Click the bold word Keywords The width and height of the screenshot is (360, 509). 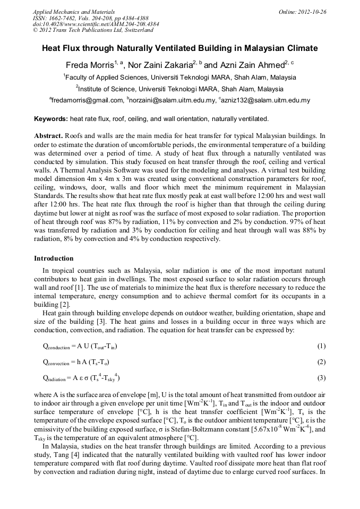pos(50,118)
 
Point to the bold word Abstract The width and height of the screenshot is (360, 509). pos(49,135)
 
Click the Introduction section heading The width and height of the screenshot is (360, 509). pos(54,258)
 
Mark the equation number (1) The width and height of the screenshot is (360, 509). pos(321,347)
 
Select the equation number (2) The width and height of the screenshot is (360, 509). pos(321,363)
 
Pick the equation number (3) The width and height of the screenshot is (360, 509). pos(321,378)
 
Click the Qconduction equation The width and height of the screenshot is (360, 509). pos(80,347)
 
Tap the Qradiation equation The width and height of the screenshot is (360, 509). pos(81,378)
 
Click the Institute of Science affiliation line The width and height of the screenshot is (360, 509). pos(179,89)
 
